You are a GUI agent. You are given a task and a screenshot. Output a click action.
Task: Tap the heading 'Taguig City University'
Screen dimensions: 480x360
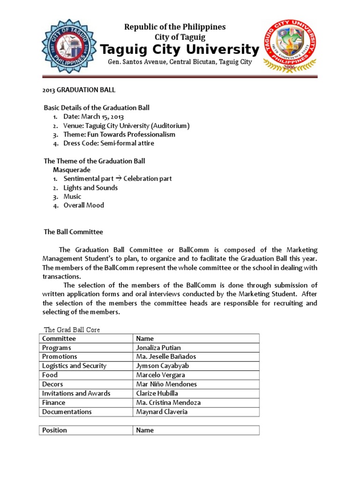(x=180, y=50)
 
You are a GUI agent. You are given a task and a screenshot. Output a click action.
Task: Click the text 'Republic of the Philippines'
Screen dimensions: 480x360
(x=174, y=27)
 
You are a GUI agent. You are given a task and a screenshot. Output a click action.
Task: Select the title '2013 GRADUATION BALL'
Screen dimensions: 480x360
(x=79, y=90)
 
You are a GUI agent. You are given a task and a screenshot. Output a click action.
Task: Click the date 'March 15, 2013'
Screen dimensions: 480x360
(x=103, y=117)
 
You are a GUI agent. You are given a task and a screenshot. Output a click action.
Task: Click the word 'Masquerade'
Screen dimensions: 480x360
(x=72, y=170)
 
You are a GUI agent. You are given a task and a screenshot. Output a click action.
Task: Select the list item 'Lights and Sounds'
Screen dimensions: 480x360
(x=90, y=187)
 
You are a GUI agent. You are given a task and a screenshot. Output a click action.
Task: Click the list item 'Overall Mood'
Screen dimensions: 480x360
(x=84, y=205)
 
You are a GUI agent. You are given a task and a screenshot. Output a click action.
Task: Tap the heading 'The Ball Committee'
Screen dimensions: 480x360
(x=73, y=232)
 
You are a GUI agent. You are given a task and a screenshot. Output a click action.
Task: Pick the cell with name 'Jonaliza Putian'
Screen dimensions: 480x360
(x=158, y=348)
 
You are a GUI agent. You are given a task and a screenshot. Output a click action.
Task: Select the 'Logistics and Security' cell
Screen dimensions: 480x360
(x=75, y=366)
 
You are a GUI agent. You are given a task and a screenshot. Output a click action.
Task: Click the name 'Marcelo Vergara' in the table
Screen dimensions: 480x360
(x=160, y=375)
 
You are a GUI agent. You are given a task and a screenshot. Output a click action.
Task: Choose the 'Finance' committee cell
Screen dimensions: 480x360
(x=54, y=403)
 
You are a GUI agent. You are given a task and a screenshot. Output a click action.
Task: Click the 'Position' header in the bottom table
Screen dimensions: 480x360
(x=55, y=430)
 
